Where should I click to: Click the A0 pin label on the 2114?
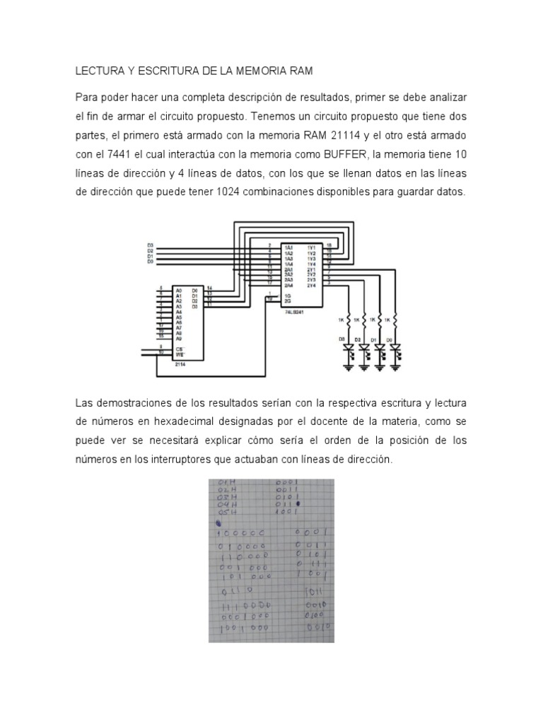(x=178, y=290)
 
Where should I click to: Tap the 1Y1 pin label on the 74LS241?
(x=311, y=247)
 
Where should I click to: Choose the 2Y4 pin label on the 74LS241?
(x=311, y=284)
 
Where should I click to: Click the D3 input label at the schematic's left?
(x=150, y=245)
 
